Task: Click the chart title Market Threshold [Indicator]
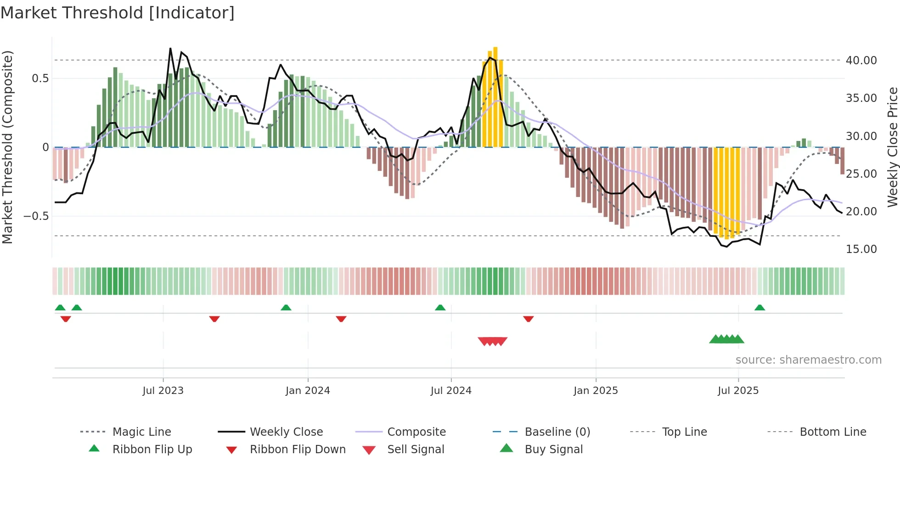118,13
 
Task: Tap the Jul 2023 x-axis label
163,391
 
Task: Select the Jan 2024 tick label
308,391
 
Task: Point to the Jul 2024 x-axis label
451,391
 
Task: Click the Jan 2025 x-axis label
596,391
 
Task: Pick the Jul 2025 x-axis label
738,391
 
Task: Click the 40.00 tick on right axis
861,61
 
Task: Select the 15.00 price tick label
861,249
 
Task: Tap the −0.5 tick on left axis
36,216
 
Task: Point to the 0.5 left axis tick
40,79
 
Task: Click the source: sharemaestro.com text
808,360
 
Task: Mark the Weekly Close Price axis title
892,147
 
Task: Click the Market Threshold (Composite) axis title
7,147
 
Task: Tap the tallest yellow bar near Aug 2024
495,96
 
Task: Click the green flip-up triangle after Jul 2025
759,308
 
